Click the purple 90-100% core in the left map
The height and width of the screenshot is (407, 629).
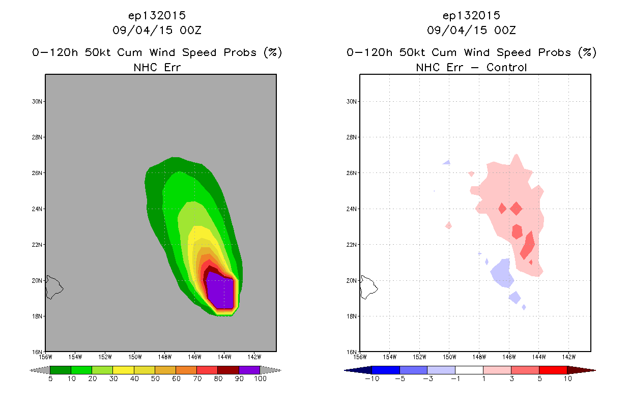coord(220,290)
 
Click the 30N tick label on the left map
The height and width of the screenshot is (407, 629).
coord(37,101)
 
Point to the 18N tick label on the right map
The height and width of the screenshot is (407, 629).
coord(351,316)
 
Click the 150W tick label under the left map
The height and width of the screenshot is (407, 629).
coord(135,357)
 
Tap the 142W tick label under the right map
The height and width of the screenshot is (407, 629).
coord(568,357)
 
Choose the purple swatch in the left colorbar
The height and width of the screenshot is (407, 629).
coord(249,370)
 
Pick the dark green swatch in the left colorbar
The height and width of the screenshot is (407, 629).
coord(61,370)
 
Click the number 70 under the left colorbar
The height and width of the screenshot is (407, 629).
coord(197,379)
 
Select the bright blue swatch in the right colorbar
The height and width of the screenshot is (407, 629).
coord(386,370)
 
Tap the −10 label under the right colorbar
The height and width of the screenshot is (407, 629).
coord(372,379)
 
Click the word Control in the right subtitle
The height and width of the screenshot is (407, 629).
coord(506,67)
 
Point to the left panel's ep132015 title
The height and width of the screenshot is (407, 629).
coord(157,16)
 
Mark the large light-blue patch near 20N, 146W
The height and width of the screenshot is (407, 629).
coord(503,273)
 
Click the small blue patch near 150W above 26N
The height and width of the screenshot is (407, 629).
coord(447,162)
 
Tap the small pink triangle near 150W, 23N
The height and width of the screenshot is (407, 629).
coord(449,225)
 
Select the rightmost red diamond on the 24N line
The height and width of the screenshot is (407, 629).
coord(516,209)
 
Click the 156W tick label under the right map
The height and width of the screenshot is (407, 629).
coord(360,357)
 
